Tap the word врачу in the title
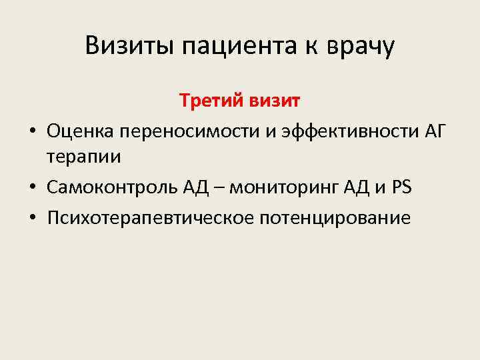[x=363, y=46]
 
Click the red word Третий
[x=212, y=101]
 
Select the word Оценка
[x=81, y=131]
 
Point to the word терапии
[x=84, y=159]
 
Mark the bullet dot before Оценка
[x=31, y=132]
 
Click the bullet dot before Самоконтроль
[x=31, y=189]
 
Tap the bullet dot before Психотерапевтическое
[x=31, y=218]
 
